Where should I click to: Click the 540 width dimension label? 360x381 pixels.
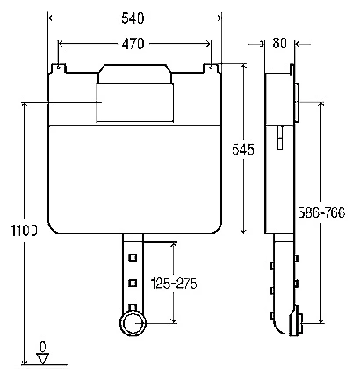click(x=133, y=18)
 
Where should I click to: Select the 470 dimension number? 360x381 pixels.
click(x=133, y=44)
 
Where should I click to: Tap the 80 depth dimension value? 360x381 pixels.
click(x=279, y=43)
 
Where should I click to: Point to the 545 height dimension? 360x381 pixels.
click(x=243, y=149)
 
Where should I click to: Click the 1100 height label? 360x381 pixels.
click(x=25, y=231)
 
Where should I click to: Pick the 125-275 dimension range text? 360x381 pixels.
click(x=174, y=284)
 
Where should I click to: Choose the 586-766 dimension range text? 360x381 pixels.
click(x=321, y=212)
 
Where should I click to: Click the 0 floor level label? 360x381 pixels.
click(x=43, y=347)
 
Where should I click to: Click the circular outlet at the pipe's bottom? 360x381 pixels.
click(x=133, y=323)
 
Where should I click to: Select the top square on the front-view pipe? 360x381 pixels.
click(x=133, y=257)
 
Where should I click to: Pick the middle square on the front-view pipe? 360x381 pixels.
click(x=133, y=283)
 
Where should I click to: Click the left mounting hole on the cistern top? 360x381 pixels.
click(x=59, y=67)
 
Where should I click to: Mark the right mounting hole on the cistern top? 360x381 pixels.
click(x=211, y=67)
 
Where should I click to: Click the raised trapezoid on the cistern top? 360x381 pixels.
click(x=134, y=74)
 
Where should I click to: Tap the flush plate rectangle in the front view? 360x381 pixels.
click(x=135, y=102)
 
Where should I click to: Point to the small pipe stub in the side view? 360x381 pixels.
click(x=280, y=138)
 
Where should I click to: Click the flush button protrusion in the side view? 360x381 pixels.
click(x=297, y=103)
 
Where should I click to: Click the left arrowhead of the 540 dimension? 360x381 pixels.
click(x=50, y=18)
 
